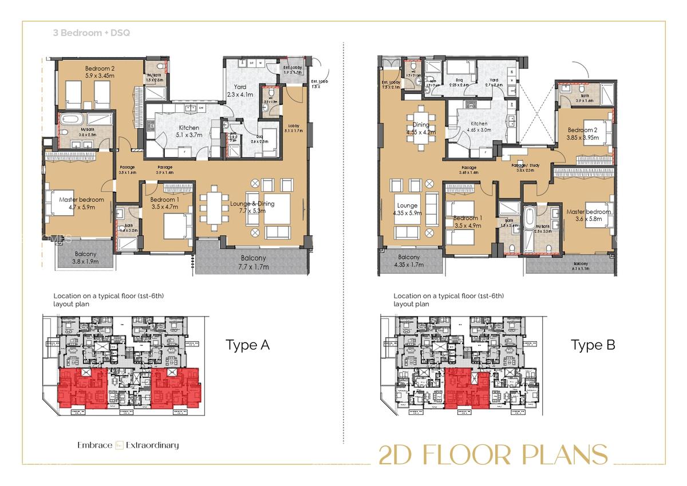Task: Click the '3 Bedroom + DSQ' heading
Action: [x=92, y=33]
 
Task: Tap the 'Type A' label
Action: [x=247, y=345]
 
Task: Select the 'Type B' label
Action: [x=593, y=345]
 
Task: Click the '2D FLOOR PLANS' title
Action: [x=493, y=455]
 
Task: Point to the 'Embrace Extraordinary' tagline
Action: [x=128, y=445]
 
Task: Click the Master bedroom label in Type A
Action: [x=82, y=203]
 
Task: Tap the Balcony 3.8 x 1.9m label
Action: [x=85, y=258]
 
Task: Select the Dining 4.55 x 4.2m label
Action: [x=421, y=128]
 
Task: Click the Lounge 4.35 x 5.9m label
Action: [x=406, y=209]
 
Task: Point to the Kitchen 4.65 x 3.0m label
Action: [x=479, y=127]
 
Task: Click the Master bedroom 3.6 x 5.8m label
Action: [x=589, y=215]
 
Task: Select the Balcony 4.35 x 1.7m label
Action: [x=409, y=261]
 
